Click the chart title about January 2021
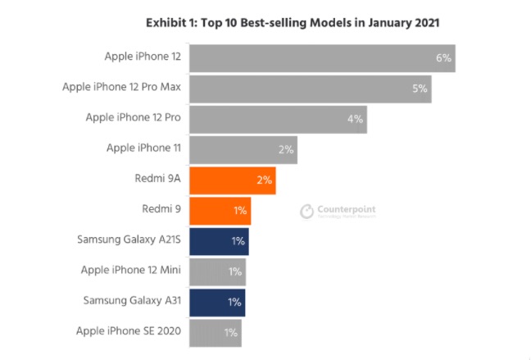(x=293, y=23)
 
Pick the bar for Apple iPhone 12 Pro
(x=278, y=118)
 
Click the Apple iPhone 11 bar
(x=243, y=149)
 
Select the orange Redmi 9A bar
(x=232, y=180)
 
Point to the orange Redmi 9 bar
(x=220, y=211)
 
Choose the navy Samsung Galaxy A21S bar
(x=219, y=241)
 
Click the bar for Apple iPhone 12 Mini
(x=217, y=271)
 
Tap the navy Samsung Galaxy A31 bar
(x=217, y=302)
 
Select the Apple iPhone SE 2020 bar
(x=216, y=333)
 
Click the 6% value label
(x=444, y=58)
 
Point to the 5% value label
(x=420, y=88)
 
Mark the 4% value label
(x=355, y=119)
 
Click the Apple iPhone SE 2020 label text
(x=128, y=333)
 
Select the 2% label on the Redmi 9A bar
(x=264, y=180)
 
